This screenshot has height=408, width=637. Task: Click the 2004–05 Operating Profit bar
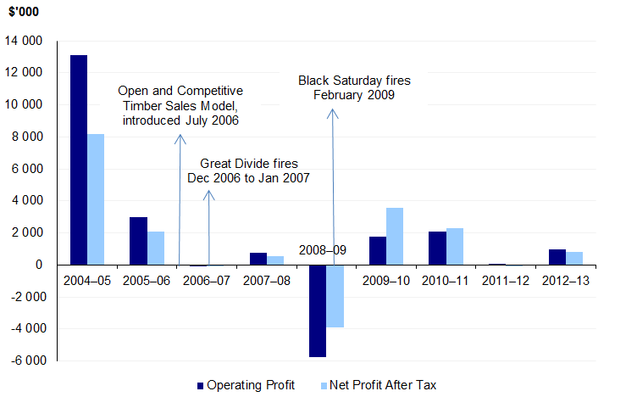coord(79,159)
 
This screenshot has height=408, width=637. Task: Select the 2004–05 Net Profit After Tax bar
coord(96,199)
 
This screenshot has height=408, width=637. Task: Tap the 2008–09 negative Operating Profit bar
coord(317,310)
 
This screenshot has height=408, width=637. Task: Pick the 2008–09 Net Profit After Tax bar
coord(334,296)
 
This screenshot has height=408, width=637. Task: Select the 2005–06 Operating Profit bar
coord(138,241)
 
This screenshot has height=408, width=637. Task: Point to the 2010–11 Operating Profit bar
coord(436,248)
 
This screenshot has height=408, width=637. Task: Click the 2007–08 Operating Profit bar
coord(258,259)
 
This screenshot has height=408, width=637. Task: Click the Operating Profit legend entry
coord(246,385)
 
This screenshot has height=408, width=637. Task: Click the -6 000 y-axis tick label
coord(25,360)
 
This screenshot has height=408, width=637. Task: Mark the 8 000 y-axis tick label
coord(25,137)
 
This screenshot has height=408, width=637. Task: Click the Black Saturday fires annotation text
coord(354,87)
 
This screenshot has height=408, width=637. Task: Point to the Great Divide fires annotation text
coord(248,170)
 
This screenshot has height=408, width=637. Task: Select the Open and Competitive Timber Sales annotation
coord(180,105)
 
